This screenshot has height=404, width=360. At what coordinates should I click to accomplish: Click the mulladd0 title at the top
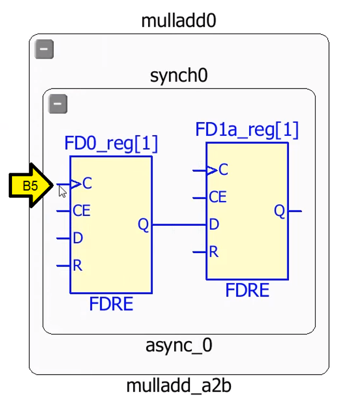(179, 21)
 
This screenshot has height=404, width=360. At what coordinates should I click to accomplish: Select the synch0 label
(179, 75)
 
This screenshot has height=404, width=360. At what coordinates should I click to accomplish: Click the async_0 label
(179, 345)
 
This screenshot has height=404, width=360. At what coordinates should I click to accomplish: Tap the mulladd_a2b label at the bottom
(179, 386)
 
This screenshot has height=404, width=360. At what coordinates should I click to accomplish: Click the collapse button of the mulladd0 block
(44, 50)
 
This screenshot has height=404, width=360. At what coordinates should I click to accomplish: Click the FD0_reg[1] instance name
(111, 144)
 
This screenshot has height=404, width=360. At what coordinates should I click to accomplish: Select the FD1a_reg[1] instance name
(247, 130)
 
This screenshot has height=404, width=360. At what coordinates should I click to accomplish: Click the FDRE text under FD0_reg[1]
(111, 304)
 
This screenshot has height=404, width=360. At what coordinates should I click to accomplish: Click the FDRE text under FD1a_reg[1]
(247, 291)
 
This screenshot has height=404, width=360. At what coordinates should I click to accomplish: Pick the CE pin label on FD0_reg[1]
(81, 211)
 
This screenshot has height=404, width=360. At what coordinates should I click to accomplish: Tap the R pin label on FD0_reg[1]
(78, 266)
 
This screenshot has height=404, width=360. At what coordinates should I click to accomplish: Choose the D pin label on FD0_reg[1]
(78, 238)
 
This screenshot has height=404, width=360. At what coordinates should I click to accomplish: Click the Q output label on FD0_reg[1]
(143, 224)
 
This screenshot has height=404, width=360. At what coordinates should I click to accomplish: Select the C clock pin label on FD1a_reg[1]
(223, 171)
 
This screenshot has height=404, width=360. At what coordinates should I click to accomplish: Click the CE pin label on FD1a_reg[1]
(217, 197)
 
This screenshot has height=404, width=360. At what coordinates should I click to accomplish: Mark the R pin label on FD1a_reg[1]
(213, 251)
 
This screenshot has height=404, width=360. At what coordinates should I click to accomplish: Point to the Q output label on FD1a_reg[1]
(279, 211)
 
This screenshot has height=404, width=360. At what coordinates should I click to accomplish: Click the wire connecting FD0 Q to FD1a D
(179, 224)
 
